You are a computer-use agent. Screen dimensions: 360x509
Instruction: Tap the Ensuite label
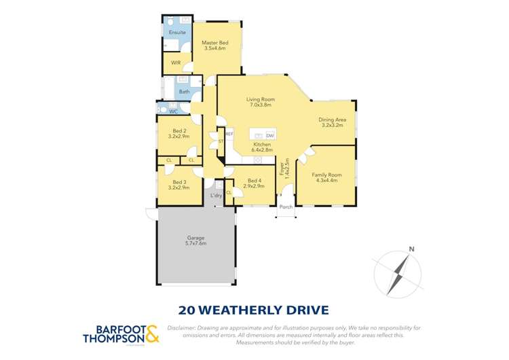click(177, 33)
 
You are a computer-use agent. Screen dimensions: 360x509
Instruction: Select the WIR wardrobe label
click(175, 63)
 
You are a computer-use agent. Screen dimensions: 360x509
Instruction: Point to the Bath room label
click(184, 92)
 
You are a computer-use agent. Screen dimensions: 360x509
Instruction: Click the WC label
click(173, 111)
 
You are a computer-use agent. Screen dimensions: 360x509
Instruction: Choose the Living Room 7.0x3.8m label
click(260, 103)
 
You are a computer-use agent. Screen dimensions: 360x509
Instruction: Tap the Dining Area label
click(333, 123)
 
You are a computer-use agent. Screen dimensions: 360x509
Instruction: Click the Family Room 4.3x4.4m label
click(326, 178)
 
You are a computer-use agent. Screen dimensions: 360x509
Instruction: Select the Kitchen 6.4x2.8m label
click(262, 147)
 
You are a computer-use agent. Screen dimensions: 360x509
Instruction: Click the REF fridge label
click(229, 134)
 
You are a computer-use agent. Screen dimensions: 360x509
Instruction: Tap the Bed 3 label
click(180, 184)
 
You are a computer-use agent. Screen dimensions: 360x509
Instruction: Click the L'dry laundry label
click(216, 196)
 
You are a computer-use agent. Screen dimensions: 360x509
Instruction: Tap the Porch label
click(286, 206)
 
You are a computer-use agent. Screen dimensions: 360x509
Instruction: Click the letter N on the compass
click(410, 249)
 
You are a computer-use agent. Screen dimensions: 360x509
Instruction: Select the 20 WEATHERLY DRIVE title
click(253, 310)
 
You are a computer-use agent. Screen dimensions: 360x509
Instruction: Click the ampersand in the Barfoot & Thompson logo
click(151, 334)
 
